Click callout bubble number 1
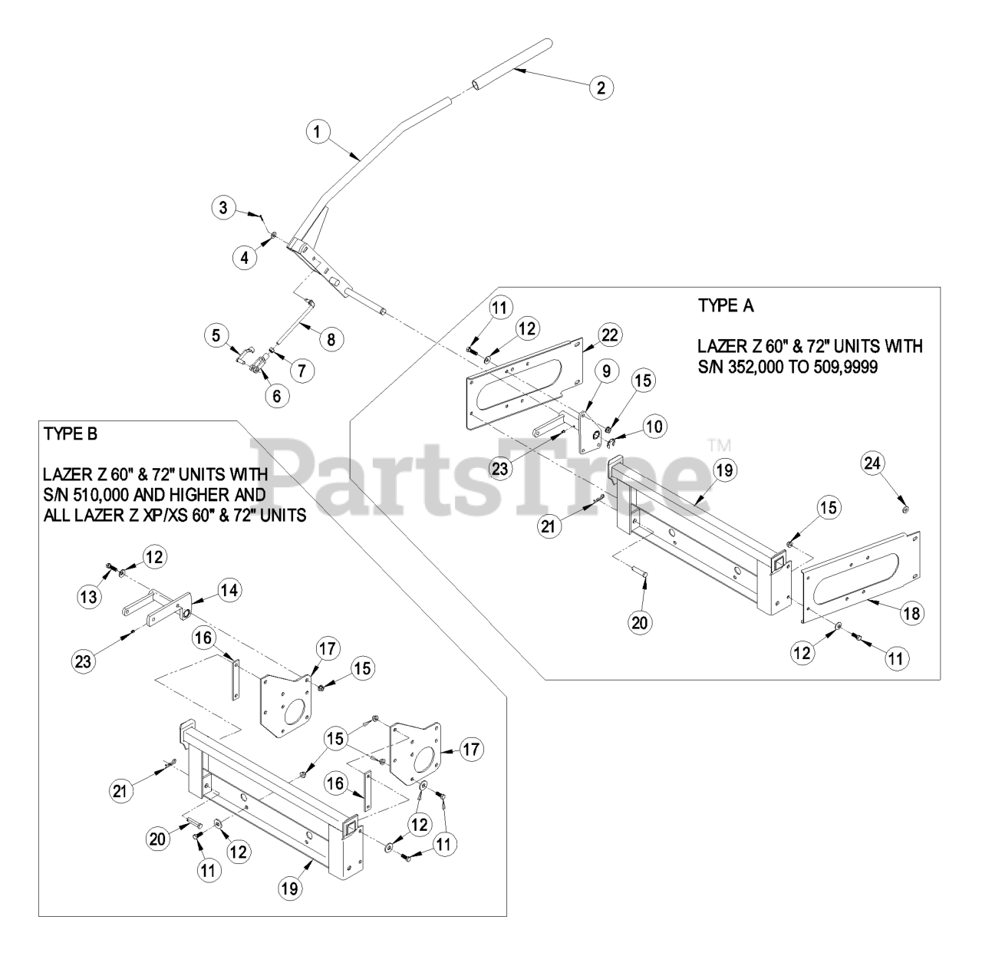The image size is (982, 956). pos(317,131)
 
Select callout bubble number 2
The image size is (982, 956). pos(601,87)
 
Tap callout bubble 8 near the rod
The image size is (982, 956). pos(331,338)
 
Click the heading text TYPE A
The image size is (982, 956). pos(726,305)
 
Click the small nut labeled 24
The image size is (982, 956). pos(906,509)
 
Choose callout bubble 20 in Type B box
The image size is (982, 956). pos(157,839)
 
